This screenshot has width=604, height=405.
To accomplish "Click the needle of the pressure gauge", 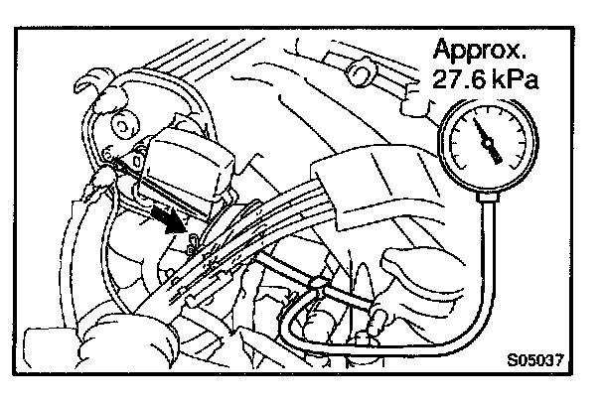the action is tap(486, 139).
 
